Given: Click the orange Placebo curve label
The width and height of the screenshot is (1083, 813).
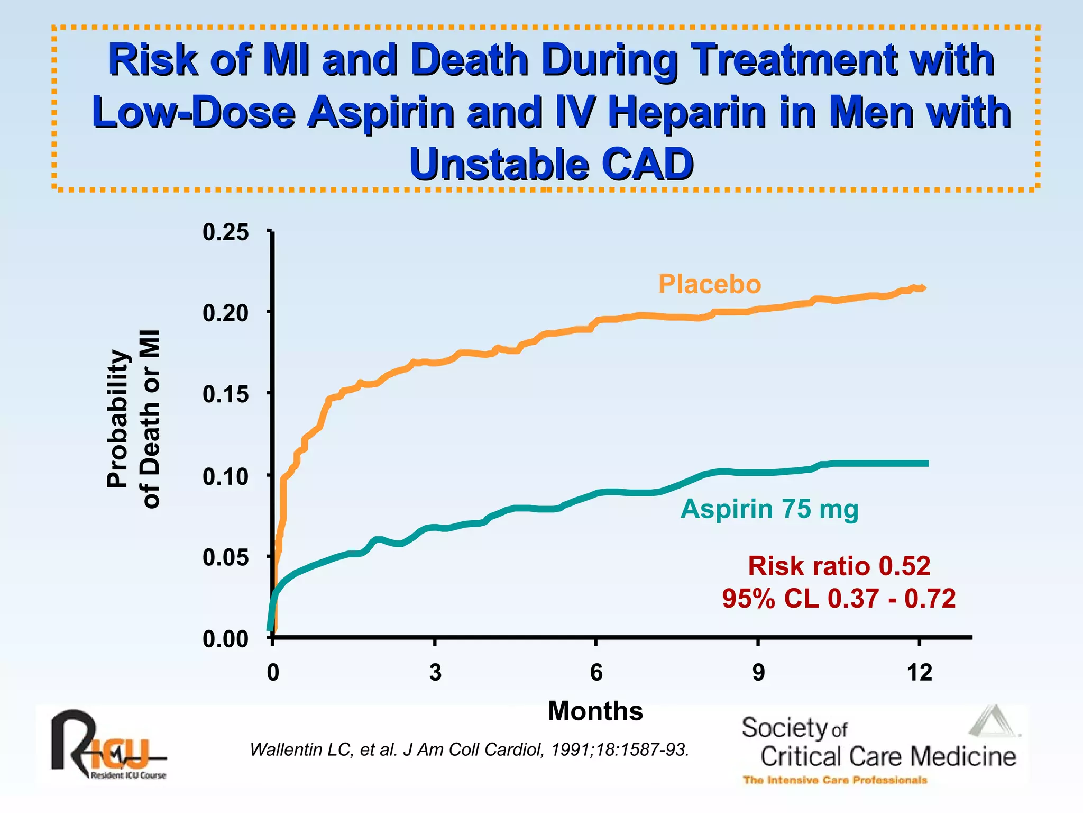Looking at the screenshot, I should (x=709, y=284).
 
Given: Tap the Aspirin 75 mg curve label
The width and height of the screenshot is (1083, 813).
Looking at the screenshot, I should (x=769, y=509).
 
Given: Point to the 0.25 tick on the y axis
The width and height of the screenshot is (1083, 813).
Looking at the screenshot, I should (x=226, y=232).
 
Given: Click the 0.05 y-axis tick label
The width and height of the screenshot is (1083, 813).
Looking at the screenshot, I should (x=226, y=557).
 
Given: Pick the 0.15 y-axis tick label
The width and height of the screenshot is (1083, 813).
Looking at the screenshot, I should (x=226, y=394).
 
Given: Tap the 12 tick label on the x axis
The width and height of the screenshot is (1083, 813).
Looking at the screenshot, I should (x=919, y=673).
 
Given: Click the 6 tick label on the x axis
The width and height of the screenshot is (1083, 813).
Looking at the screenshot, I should (x=596, y=673).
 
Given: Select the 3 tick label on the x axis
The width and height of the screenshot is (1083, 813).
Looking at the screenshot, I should (x=435, y=673).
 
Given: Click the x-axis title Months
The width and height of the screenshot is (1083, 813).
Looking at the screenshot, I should (x=595, y=711).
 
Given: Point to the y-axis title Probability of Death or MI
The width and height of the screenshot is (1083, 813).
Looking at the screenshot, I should (x=133, y=419).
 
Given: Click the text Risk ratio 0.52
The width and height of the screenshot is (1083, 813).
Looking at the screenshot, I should (x=839, y=566).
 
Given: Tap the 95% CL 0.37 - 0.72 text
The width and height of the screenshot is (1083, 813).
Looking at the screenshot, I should (x=839, y=599).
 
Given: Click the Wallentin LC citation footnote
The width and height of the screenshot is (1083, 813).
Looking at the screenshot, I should (x=469, y=749).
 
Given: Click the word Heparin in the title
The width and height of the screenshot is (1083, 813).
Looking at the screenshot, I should (x=686, y=112).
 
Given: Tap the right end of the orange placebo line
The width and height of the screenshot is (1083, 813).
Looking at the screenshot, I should (x=923, y=288).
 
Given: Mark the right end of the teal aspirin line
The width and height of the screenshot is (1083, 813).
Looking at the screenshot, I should (x=926, y=463).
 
